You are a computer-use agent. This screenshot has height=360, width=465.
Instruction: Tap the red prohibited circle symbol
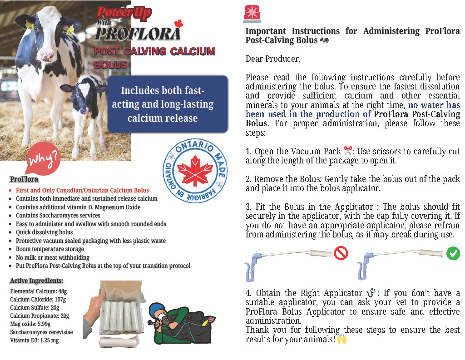click(x=341, y=253)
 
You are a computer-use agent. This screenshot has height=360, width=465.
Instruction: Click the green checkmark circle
click(x=453, y=253)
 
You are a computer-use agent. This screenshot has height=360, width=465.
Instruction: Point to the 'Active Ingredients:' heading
click(x=36, y=281)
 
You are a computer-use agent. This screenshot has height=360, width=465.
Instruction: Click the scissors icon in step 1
click(x=348, y=150)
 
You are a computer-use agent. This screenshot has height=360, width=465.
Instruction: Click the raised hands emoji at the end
click(x=341, y=339)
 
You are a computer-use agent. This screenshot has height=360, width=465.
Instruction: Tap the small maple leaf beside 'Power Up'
click(x=178, y=23)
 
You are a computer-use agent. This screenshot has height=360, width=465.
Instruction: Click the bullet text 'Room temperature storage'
click(x=50, y=249)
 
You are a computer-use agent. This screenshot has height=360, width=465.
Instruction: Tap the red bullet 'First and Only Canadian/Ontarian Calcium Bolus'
click(x=82, y=191)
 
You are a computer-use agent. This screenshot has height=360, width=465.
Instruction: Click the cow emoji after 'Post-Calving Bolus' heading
click(x=324, y=40)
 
